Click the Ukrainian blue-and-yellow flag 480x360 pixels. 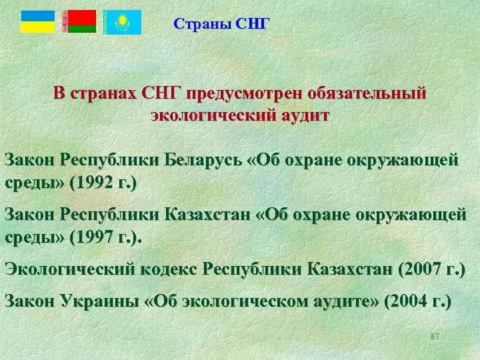[37, 22]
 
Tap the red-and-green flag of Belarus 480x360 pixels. [79, 22]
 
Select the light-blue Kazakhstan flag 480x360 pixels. [121, 22]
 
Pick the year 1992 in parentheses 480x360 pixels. [96, 182]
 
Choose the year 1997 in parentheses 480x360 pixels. [96, 237]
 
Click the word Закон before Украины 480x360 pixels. [30, 301]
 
